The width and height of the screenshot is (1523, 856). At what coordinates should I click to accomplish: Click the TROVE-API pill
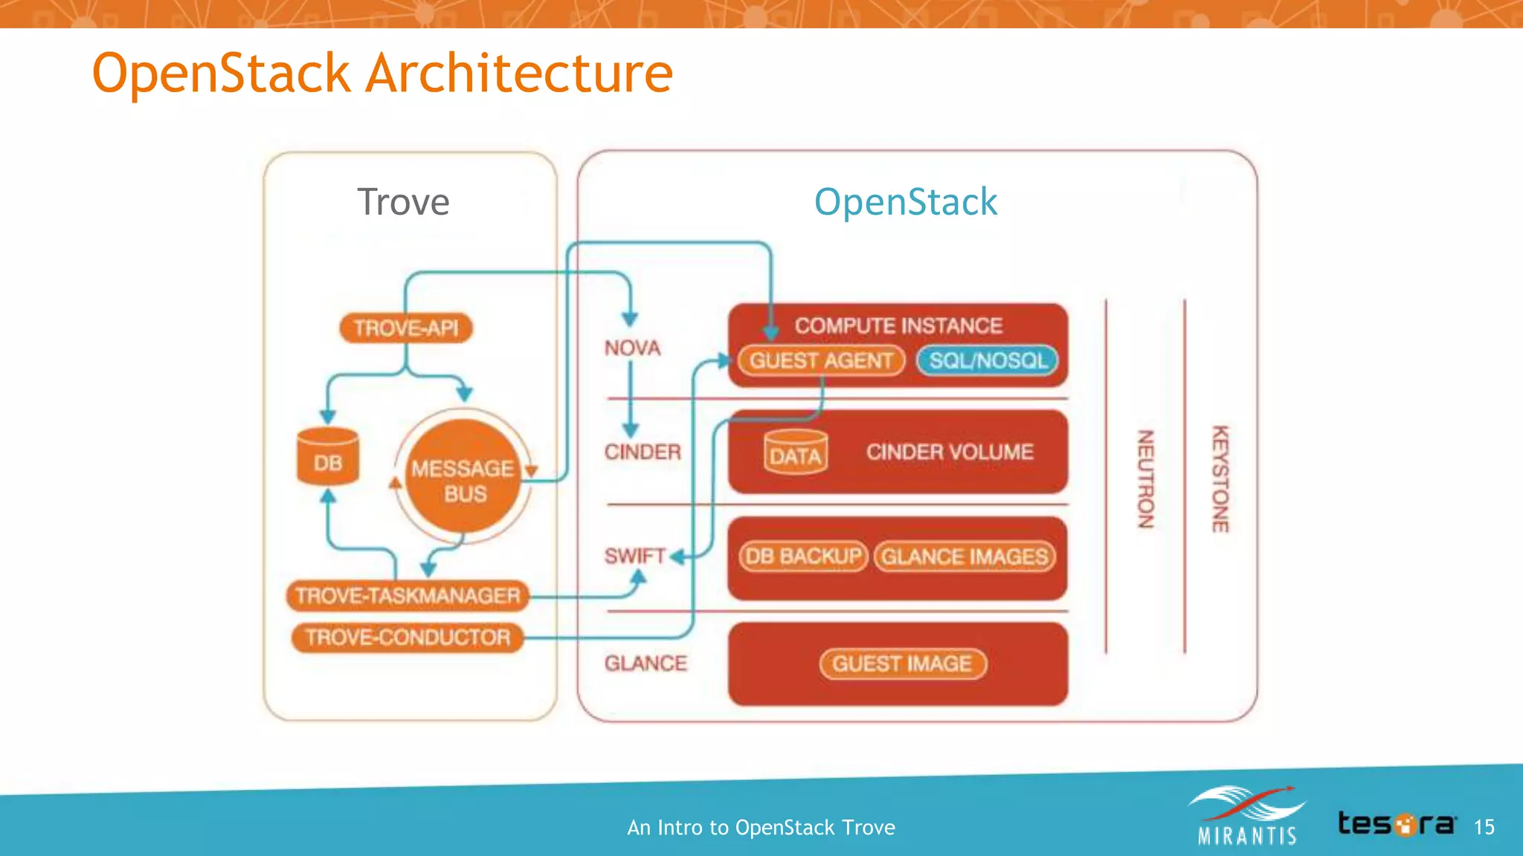(406, 328)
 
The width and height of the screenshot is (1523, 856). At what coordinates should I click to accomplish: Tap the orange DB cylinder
(328, 459)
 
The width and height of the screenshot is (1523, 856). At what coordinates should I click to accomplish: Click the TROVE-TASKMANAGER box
(408, 596)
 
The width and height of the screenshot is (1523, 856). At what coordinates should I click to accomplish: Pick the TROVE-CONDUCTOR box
(408, 638)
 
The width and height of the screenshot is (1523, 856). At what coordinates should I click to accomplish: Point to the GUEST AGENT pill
(821, 360)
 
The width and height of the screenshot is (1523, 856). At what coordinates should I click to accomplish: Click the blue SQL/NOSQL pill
(988, 360)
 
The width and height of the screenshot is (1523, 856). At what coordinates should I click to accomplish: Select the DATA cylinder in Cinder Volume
(796, 453)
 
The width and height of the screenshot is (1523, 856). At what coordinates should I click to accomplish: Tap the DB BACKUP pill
(803, 557)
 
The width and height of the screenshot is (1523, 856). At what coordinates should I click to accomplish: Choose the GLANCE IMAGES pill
(965, 557)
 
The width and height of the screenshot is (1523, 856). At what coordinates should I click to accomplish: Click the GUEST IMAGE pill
(902, 664)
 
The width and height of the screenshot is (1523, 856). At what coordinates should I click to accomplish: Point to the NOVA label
(632, 348)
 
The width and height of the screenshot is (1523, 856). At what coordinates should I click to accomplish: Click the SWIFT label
(634, 556)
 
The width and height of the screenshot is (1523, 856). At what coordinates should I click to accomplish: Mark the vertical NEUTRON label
(1146, 479)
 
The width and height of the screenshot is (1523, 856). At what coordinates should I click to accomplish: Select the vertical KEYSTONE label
(1220, 479)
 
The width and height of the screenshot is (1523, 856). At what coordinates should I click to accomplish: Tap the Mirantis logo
(1247, 816)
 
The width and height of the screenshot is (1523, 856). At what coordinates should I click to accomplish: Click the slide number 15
(1484, 827)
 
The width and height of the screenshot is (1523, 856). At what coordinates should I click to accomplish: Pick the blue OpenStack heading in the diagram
(905, 202)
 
